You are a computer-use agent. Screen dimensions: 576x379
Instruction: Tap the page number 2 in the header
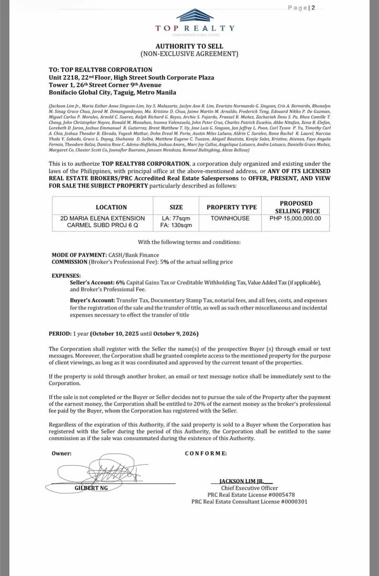tap(313, 7)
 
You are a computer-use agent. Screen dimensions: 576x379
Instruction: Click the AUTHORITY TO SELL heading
tap(189, 46)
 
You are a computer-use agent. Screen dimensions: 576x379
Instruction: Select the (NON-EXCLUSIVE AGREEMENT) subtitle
tap(189, 54)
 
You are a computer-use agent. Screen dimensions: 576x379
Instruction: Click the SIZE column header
tap(176, 207)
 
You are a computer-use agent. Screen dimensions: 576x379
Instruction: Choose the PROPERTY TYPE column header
tap(231, 207)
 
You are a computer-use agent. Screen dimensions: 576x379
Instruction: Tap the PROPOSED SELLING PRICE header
tap(296, 207)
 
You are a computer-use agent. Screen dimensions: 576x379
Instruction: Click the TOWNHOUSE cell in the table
tap(231, 218)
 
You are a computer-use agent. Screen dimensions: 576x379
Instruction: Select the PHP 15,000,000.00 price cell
tap(295, 218)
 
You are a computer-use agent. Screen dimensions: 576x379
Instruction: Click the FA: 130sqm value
tap(176, 225)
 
